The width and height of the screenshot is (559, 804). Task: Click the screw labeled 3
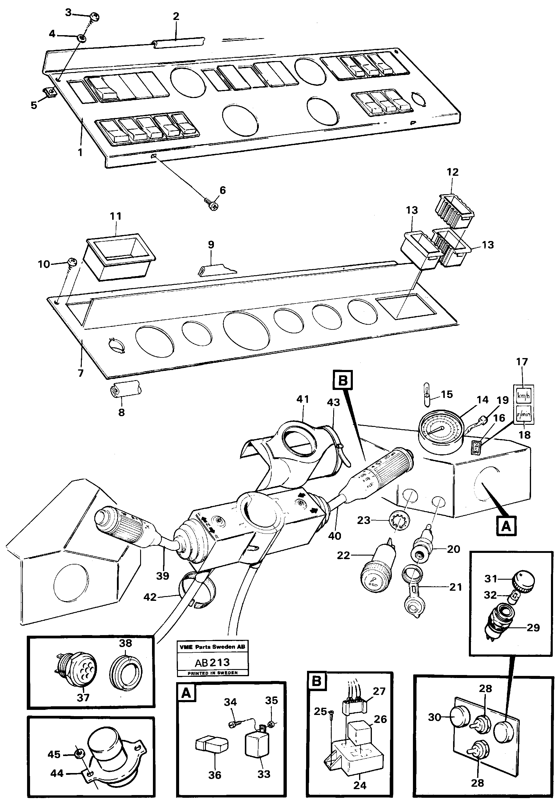click(94, 16)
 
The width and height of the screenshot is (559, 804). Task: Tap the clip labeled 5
click(50, 93)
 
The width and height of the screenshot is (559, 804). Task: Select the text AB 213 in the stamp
click(212, 663)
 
